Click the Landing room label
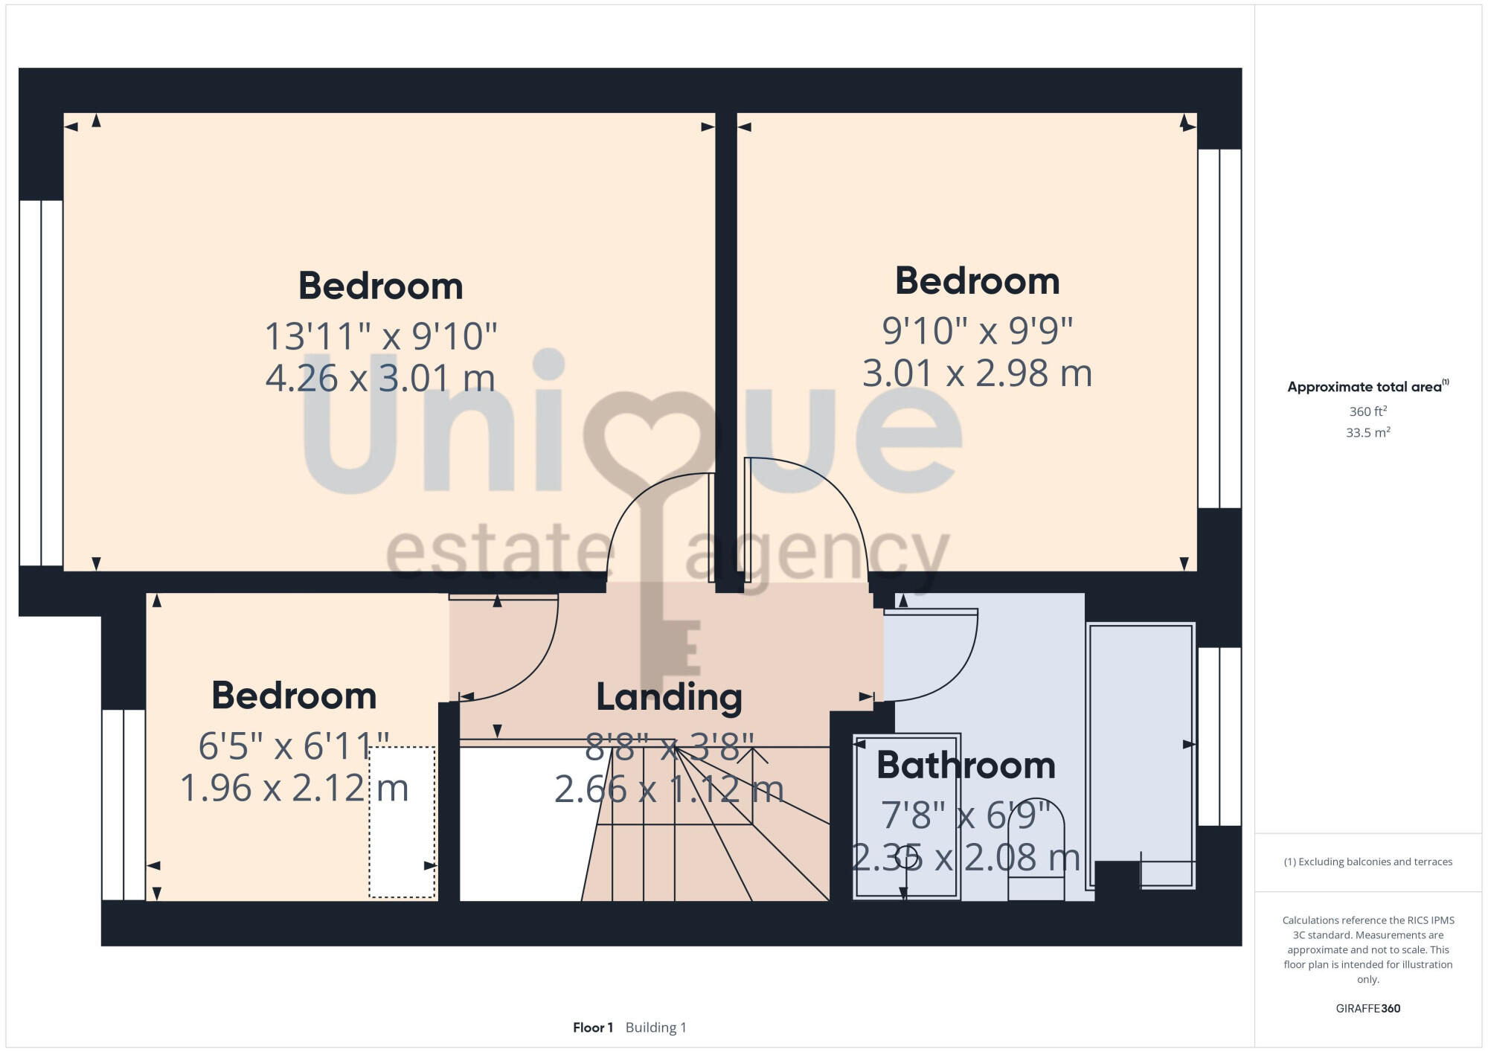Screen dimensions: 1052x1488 point(669,698)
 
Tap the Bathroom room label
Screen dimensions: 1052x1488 point(966,766)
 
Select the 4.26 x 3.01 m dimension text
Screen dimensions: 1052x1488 point(380,378)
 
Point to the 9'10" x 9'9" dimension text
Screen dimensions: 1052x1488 point(977,330)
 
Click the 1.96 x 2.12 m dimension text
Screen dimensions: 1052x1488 point(294,788)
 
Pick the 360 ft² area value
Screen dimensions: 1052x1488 point(1367,411)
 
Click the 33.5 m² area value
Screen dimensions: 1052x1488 point(1367,432)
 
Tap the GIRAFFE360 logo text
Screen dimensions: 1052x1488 point(1367,1009)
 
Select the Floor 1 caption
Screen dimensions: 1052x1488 point(592,1027)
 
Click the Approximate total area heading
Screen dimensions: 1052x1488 point(1367,387)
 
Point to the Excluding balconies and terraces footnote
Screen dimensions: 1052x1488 point(1367,862)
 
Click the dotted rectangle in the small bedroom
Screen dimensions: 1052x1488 point(402,822)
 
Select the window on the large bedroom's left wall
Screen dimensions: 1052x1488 point(41,382)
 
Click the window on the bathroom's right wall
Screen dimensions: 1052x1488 point(1219,737)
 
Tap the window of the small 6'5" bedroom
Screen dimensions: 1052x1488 point(124,804)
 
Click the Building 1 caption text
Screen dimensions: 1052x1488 point(655,1027)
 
